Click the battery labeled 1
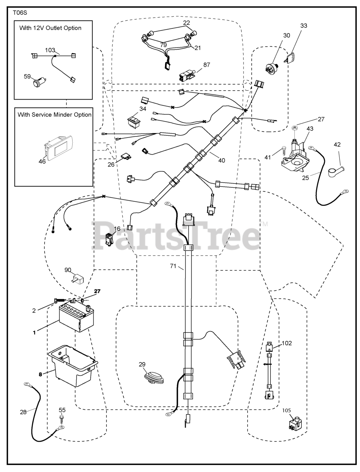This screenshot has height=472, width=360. [76, 318]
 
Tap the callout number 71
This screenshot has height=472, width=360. [174, 265]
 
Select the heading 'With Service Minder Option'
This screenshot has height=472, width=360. [55, 114]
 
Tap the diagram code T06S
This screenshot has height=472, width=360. [20, 12]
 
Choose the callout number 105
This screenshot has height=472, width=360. [287, 410]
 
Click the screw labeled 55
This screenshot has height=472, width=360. [62, 419]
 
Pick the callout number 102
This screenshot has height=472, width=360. [286, 343]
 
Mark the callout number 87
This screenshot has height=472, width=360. [206, 65]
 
